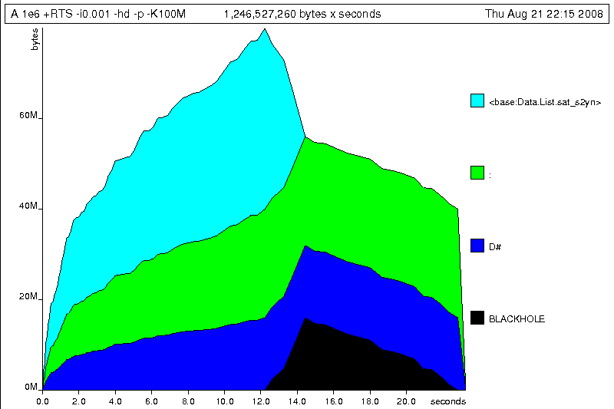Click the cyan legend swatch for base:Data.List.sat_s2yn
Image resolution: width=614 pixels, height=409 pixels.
point(477,101)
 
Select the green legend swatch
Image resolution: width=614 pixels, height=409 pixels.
point(477,173)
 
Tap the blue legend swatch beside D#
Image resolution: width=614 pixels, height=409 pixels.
point(477,246)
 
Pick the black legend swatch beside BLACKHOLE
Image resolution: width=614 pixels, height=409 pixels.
point(477,318)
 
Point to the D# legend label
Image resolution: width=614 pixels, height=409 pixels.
point(495,246)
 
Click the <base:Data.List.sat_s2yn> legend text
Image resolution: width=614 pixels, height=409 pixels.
point(544,102)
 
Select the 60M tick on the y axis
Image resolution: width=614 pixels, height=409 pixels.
point(29,116)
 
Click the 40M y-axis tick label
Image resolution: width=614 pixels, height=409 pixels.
point(29,206)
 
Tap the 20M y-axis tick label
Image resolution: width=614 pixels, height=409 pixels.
point(29,297)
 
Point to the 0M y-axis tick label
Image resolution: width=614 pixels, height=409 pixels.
point(31,388)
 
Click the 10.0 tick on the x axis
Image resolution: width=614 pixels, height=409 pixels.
point(224,401)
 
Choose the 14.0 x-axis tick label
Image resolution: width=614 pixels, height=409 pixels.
point(297,401)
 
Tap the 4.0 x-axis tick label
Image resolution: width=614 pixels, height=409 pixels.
point(115,401)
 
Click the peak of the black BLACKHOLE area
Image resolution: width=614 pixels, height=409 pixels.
point(305,318)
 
